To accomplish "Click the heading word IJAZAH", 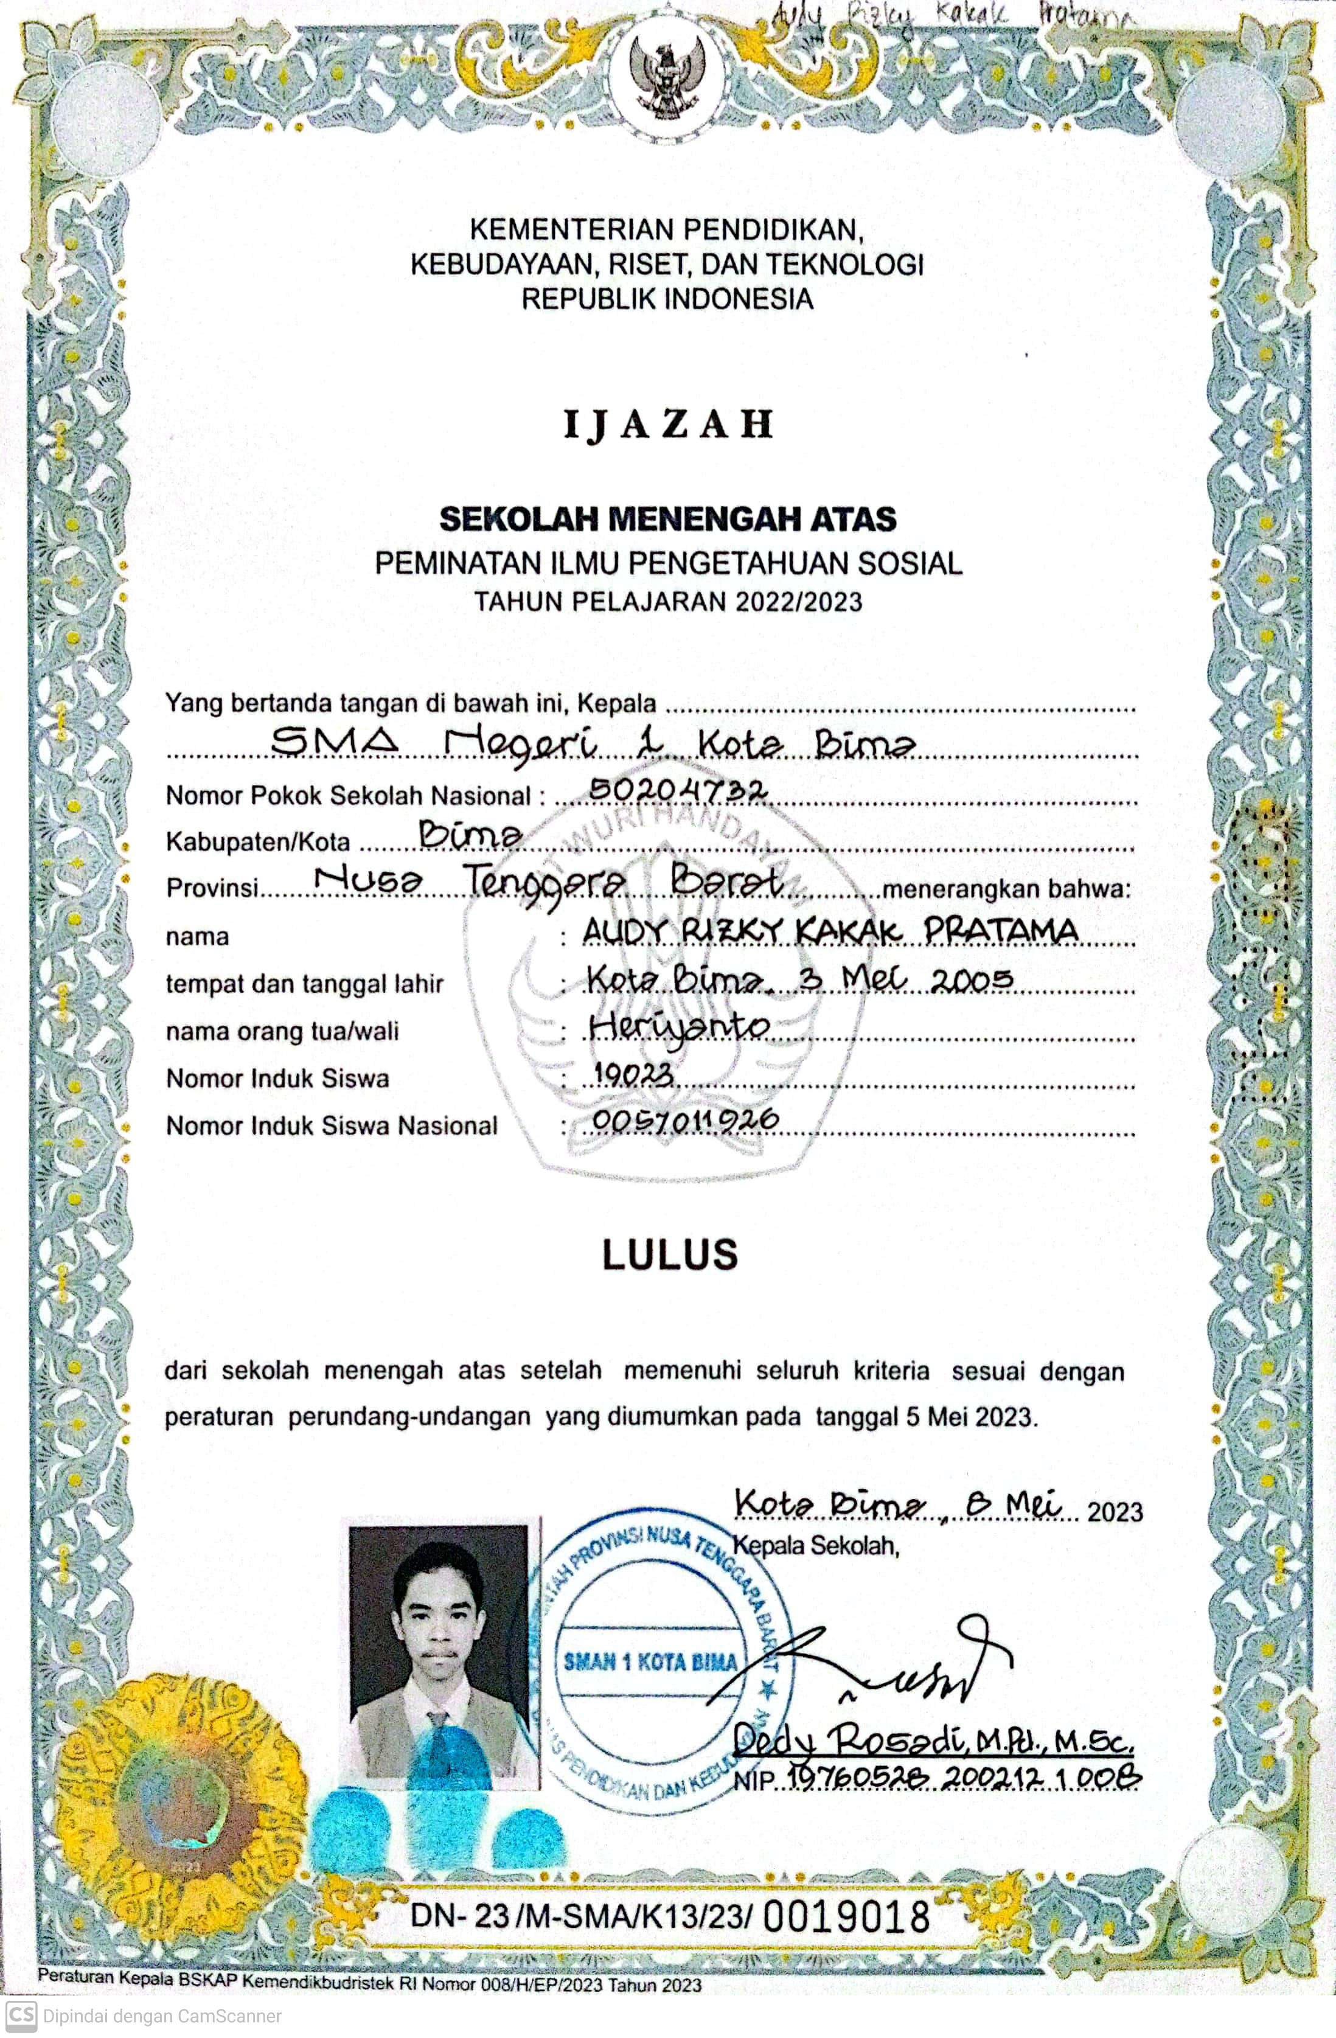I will pos(669,425).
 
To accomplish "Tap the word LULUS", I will pos(670,1255).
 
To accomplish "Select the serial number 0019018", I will pos(846,1916).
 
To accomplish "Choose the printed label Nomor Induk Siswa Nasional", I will pos(332,1125).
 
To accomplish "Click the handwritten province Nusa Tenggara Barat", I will pos(548,883).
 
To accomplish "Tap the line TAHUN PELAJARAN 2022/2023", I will pos(669,602).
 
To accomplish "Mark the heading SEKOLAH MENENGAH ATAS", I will pos(668,519).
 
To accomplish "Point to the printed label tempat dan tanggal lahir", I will pos(304,984).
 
